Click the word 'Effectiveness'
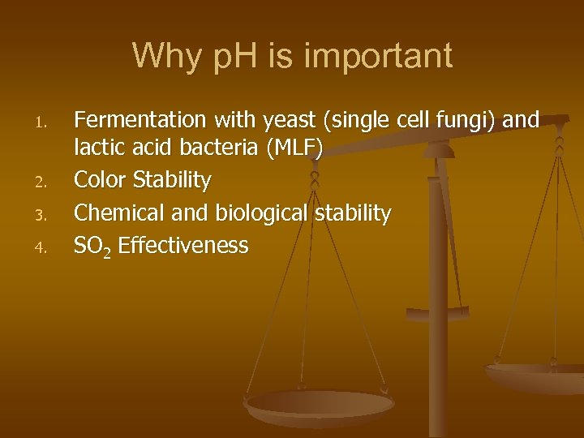point(183,245)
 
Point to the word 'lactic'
point(96,149)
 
